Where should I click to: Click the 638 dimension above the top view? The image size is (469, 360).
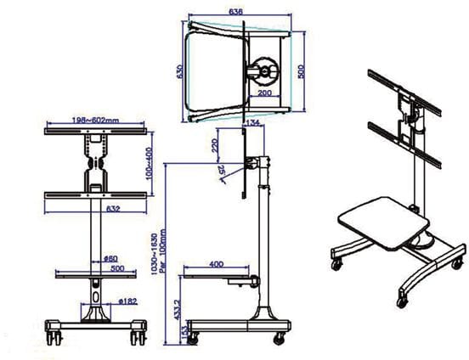coord(236,12)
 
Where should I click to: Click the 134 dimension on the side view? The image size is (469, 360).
coord(251,124)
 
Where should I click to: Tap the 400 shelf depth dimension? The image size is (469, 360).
coord(216,264)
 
